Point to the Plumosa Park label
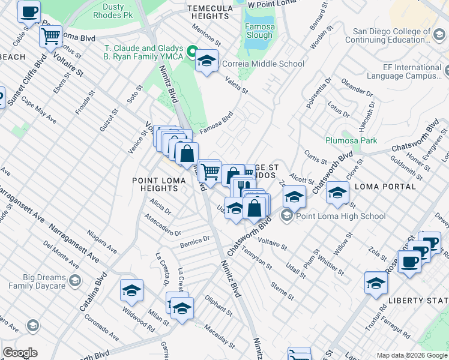tap(351, 140)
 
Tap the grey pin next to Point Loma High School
tap(287, 216)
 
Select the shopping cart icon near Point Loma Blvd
tap(50, 35)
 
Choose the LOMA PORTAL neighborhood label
tap(385, 187)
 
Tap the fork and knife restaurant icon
tap(243, 187)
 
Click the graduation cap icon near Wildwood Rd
tap(131, 290)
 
